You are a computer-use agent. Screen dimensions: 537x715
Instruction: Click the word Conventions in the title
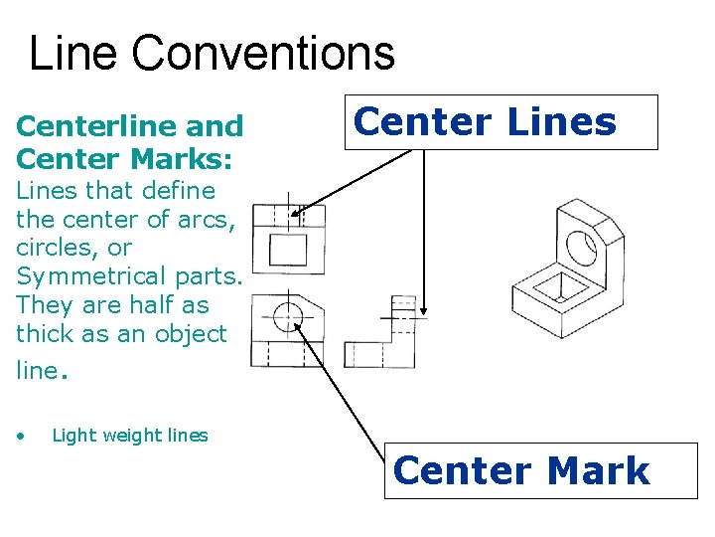click(x=263, y=54)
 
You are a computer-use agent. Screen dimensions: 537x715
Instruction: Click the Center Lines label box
click(x=500, y=122)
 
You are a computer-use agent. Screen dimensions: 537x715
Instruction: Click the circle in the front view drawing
click(x=287, y=316)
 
